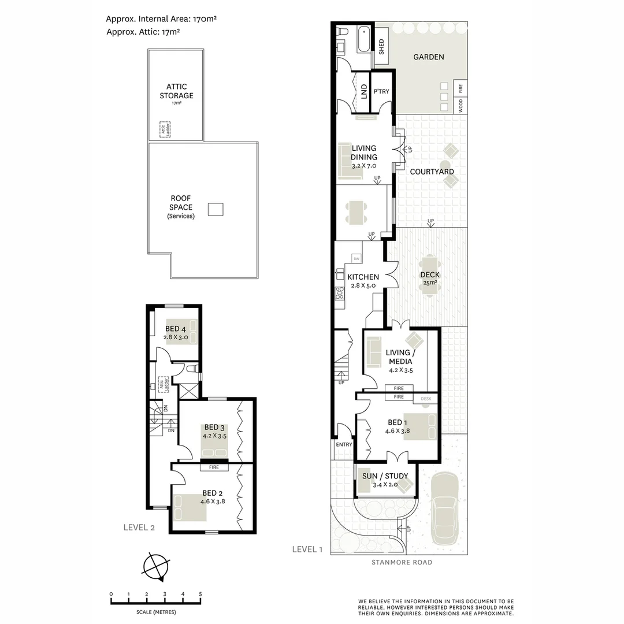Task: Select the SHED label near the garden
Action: [381, 46]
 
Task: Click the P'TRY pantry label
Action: [381, 91]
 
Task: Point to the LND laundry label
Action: [363, 91]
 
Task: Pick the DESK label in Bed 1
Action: [426, 398]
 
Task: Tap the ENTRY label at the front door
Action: [343, 445]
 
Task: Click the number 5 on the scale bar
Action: [200, 594]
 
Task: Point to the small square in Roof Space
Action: [216, 209]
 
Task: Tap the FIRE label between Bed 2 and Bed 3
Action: [214, 467]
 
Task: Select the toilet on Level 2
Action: [193, 369]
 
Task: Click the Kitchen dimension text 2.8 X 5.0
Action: [363, 285]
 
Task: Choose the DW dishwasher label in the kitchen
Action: [356, 258]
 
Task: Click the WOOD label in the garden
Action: [460, 106]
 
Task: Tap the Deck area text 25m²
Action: [430, 283]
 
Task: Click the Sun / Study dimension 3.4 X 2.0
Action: [385, 484]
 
